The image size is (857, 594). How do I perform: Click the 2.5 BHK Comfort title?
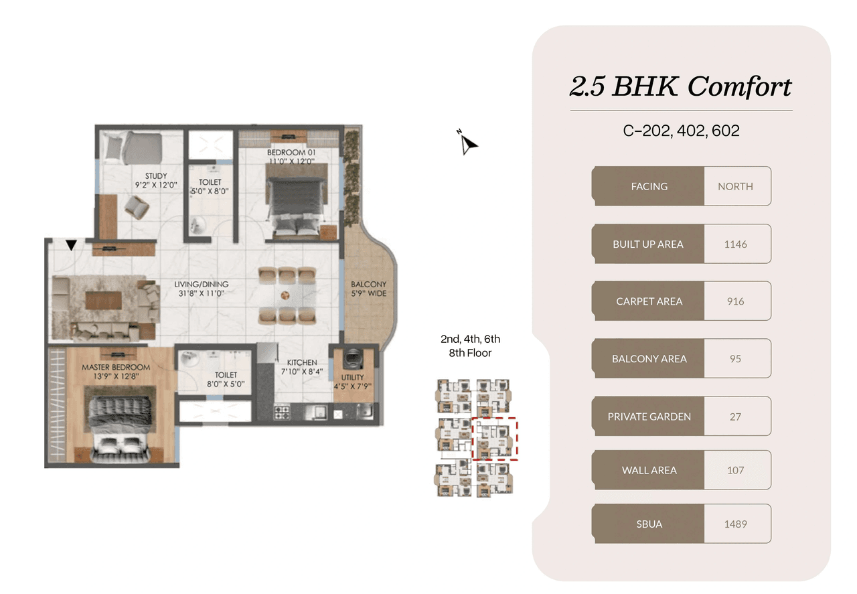(x=680, y=86)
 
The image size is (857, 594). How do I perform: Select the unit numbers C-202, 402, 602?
(x=681, y=131)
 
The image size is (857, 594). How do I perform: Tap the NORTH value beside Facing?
(x=735, y=186)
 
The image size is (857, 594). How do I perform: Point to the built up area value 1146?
(x=735, y=244)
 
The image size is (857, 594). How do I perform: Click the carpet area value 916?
(x=735, y=301)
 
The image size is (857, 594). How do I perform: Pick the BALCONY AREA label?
(x=649, y=359)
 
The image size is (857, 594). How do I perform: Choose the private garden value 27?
(x=735, y=417)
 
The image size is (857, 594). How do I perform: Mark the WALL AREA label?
(x=649, y=470)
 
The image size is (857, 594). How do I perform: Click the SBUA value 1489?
(x=735, y=524)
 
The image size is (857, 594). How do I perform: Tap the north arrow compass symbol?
(x=468, y=143)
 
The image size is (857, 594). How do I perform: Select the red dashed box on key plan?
(x=495, y=438)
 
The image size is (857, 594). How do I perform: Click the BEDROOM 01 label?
(x=291, y=152)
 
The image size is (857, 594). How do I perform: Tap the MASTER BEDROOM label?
(x=116, y=367)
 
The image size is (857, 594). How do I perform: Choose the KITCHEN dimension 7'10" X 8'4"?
(x=303, y=371)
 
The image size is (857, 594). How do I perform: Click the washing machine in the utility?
(x=352, y=360)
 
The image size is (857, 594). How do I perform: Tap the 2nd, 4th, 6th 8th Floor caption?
(x=470, y=346)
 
